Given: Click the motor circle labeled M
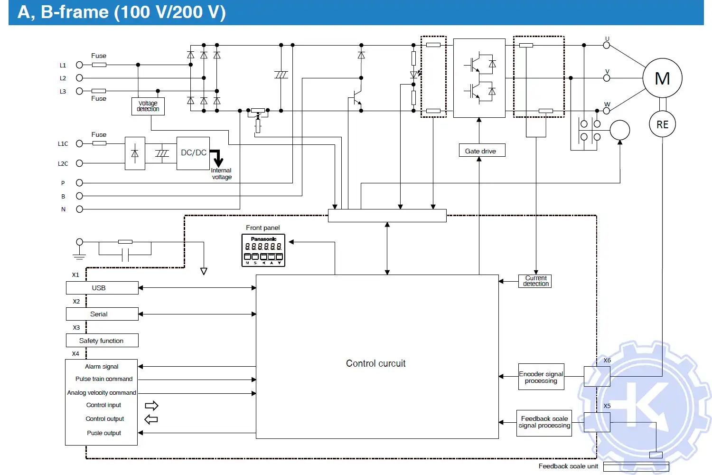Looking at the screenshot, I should click(x=662, y=78).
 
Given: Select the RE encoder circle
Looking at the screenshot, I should click(x=662, y=124).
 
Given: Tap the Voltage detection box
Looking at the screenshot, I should click(x=148, y=106).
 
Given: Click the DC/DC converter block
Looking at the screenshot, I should click(x=193, y=153).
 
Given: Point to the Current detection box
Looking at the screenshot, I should click(x=535, y=281).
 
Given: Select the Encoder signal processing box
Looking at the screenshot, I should click(x=541, y=377).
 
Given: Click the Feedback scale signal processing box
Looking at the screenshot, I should click(x=544, y=422).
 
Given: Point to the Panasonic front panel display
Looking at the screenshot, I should click(x=263, y=250).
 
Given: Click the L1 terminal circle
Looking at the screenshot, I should click(x=79, y=65).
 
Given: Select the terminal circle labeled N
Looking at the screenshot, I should click(x=79, y=209).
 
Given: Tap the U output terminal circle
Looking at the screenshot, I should click(x=606, y=45).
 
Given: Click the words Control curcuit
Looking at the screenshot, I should click(x=375, y=363).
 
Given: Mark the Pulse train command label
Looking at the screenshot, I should click(x=104, y=379).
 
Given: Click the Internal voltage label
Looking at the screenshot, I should click(x=221, y=174).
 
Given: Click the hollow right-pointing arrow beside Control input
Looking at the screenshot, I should click(x=151, y=406).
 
